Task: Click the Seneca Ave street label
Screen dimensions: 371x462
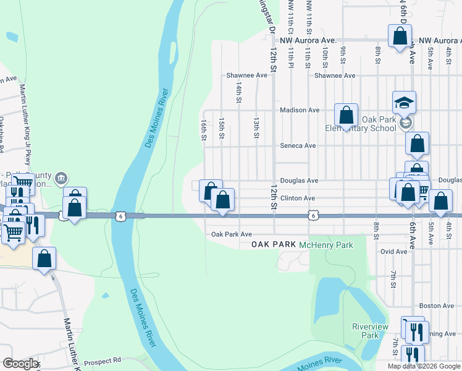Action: pos(298,146)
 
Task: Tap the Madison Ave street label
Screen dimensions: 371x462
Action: pos(299,110)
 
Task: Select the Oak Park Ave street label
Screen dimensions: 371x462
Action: pos(232,235)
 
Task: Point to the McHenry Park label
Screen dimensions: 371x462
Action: pos(326,245)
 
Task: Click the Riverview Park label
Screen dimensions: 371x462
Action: pos(369,331)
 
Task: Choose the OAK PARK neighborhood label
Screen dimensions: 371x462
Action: pos(274,245)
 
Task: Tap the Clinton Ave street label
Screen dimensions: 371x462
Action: pos(298,198)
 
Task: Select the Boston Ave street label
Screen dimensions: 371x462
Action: pos(437,306)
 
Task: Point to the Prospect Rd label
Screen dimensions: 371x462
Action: pos(103,361)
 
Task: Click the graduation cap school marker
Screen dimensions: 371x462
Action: pos(405,103)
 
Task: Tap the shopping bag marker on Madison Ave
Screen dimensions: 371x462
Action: pos(346,114)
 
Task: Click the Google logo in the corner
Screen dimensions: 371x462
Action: pos(20,364)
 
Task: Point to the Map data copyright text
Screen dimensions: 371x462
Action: pos(424,366)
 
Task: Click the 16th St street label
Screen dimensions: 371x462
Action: pos(203,130)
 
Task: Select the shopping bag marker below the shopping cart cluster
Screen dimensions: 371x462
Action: pos(45,259)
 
